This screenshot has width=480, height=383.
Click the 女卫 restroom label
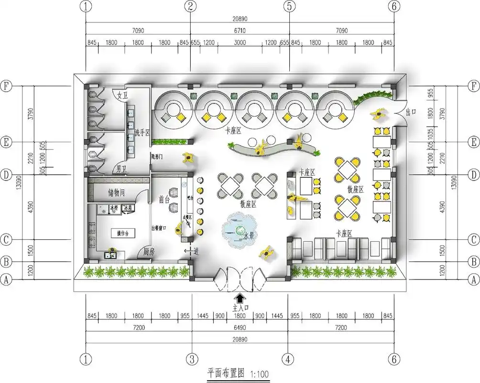123,95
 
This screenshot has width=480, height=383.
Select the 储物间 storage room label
117,193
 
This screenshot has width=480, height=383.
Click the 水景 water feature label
249,236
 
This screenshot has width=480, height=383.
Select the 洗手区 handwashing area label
142,132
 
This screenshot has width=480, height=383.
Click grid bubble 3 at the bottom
192,359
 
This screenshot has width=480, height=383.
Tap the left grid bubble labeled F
6,86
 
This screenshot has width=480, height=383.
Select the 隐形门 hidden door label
157,157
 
